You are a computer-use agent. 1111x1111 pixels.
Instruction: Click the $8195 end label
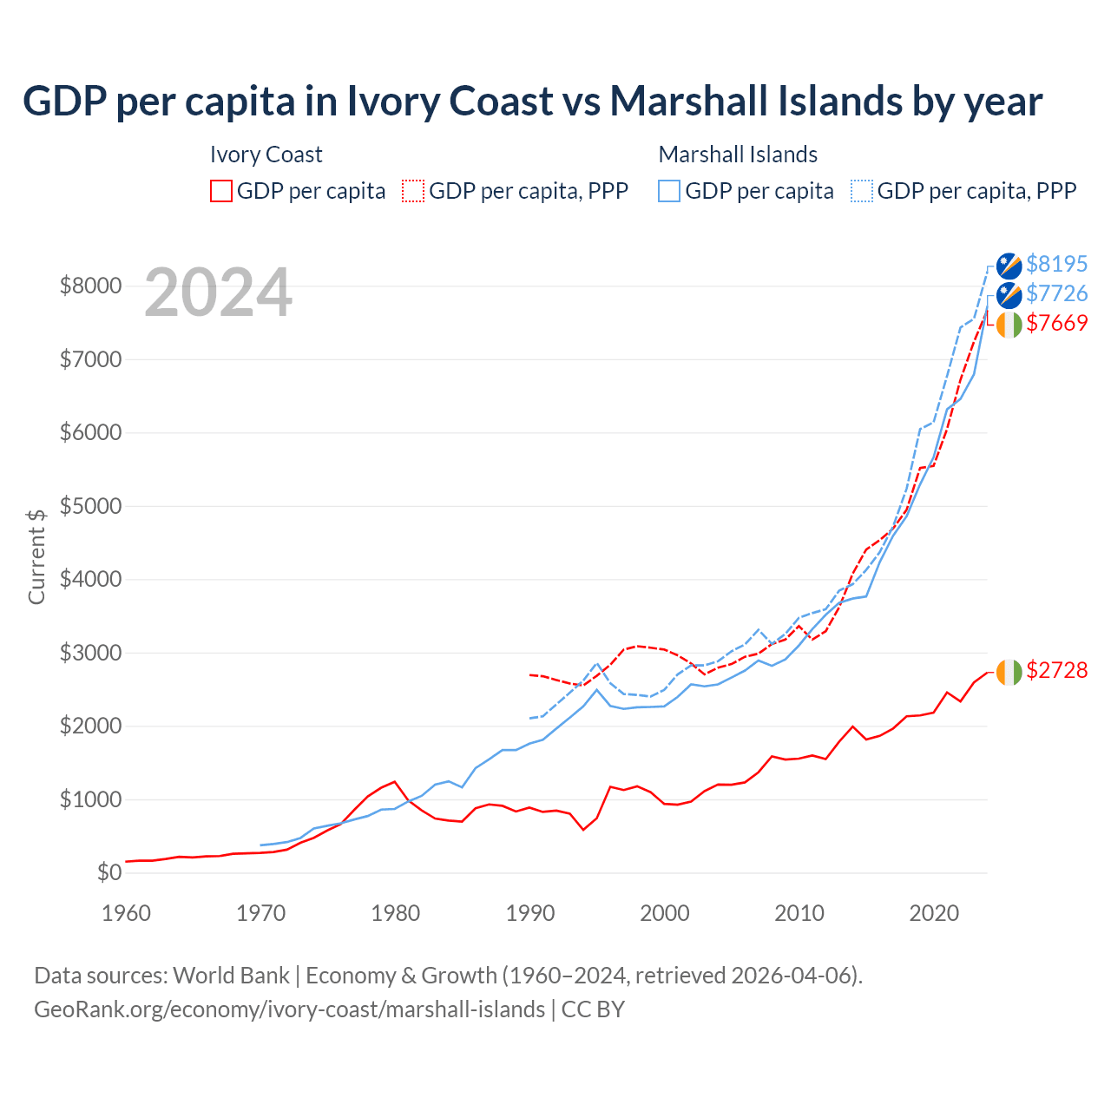tap(1056, 264)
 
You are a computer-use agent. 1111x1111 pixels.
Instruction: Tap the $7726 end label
tap(1056, 293)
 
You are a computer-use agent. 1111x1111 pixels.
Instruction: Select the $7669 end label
tap(1056, 323)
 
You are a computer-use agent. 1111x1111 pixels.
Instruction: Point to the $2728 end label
tap(1056, 670)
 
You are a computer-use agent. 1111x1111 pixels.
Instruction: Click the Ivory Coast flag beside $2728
tap(1009, 672)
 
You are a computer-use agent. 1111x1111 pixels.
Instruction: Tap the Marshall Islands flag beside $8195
tap(1009, 266)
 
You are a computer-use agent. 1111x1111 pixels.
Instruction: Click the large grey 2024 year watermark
tap(219, 293)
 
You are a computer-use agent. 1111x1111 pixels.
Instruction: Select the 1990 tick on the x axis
tap(530, 913)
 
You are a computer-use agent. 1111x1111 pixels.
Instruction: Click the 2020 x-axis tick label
tap(934, 913)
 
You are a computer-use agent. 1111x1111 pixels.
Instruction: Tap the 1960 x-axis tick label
tap(127, 913)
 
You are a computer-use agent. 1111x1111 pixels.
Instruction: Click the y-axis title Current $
tap(36, 556)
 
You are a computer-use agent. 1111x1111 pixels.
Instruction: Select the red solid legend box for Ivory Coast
tap(221, 191)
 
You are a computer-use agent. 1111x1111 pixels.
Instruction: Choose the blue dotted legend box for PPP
tap(862, 191)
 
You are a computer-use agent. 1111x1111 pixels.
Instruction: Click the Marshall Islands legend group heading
tap(738, 154)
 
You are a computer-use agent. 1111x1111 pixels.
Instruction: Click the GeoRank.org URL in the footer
tap(289, 1009)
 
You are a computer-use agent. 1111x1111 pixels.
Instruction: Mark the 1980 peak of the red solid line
tap(395, 781)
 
